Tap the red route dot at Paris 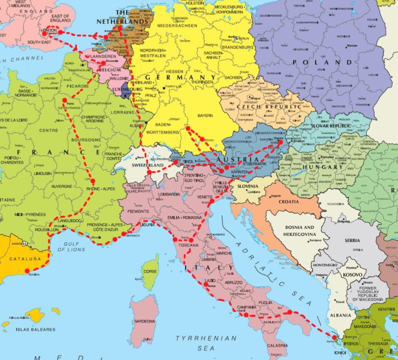click(x=64, y=101)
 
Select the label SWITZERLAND click(x=148, y=165)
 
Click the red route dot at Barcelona click(x=27, y=270)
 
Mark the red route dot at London click(x=44, y=34)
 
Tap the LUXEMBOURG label click(x=128, y=89)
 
